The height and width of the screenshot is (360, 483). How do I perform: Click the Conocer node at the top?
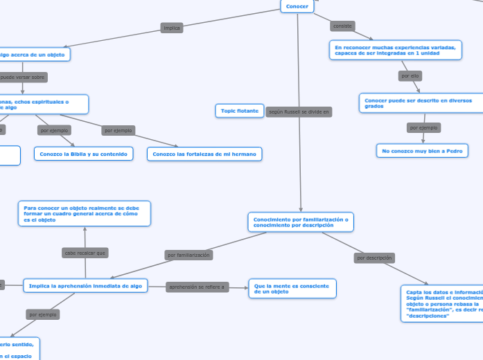coord(297,6)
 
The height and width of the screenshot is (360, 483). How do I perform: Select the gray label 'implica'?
coord(171,28)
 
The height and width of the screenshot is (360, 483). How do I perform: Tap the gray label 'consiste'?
coord(342,26)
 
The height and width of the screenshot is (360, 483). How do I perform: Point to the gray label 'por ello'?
coord(410,75)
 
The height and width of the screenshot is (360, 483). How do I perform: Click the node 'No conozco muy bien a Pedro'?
coord(422,150)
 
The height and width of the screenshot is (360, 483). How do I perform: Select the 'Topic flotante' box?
coord(240,111)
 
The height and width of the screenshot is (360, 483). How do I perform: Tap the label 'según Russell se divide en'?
coord(299,111)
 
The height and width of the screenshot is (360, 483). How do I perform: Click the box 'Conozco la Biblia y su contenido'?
coord(83,154)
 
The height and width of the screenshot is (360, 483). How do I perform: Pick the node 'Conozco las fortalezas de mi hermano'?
coord(204,154)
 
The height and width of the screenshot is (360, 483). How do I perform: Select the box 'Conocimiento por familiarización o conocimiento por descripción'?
coord(301,222)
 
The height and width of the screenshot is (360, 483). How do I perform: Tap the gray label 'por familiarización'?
coord(188,255)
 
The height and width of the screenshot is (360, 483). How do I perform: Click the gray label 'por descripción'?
coord(374,258)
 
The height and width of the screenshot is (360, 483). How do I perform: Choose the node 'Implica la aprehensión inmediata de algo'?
coord(85,285)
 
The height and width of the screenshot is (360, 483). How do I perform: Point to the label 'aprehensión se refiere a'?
coord(197,287)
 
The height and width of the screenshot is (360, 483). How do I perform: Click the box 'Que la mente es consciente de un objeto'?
coord(292,289)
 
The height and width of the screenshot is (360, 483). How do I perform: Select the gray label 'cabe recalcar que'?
coord(85,253)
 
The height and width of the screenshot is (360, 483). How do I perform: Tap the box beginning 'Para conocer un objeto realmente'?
coord(84,213)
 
